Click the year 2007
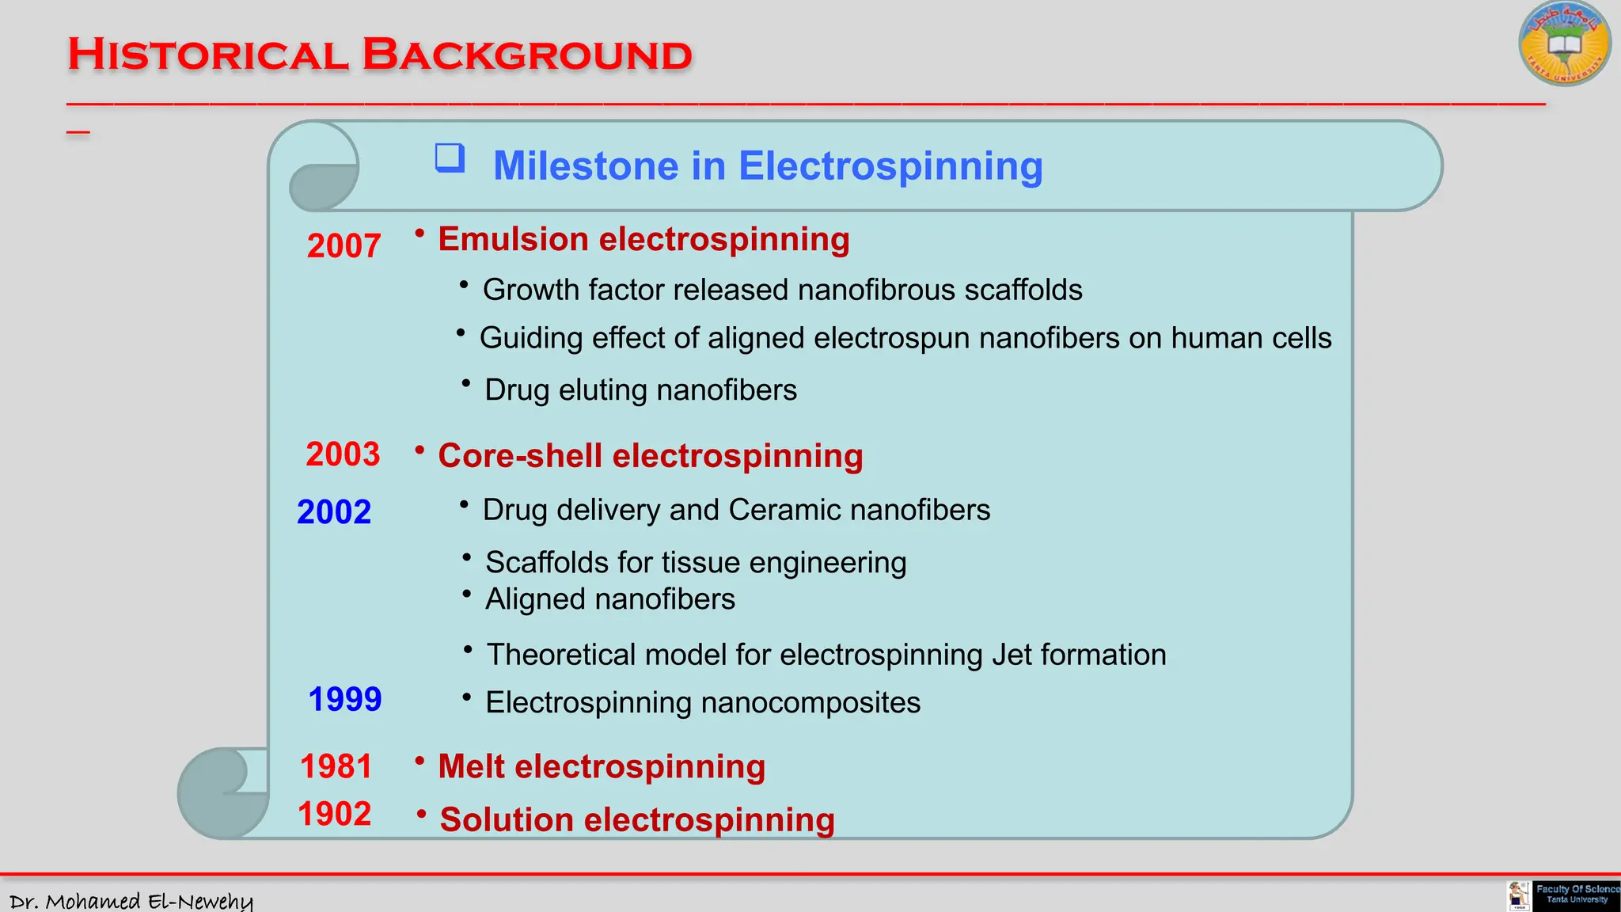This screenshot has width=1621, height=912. pyautogui.click(x=344, y=246)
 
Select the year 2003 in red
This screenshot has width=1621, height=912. pyautogui.click(x=343, y=454)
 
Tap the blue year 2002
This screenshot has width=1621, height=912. pyautogui.click(x=333, y=512)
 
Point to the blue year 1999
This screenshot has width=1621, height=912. pyautogui.click(x=344, y=700)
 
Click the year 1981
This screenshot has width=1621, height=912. pyautogui.click(x=336, y=766)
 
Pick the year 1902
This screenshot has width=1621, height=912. pyautogui.click(x=334, y=815)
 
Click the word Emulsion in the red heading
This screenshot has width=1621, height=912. pyautogui.click(x=512, y=240)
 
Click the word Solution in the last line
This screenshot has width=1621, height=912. pyautogui.click(x=507, y=820)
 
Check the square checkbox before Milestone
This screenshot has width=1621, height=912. pyautogui.click(x=450, y=158)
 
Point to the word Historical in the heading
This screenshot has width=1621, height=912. pyautogui.click(x=207, y=55)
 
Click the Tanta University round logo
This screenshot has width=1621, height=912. pyautogui.click(x=1564, y=44)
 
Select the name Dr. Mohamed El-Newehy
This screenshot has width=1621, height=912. pyautogui.click(x=131, y=901)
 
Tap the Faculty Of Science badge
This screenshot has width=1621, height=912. pyautogui.click(x=1576, y=895)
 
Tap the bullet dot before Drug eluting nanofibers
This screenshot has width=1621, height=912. pyautogui.click(x=466, y=383)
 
